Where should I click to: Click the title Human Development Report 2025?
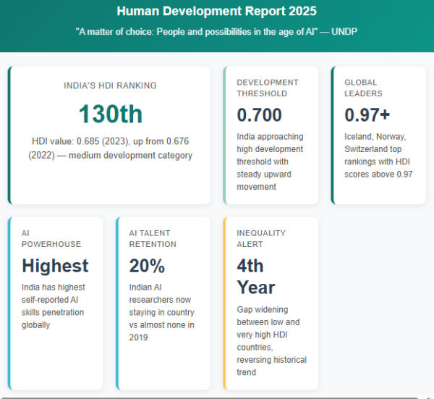(216, 12)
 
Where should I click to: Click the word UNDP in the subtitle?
(344, 33)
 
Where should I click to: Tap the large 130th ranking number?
(110, 114)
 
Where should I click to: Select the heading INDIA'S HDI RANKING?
(110, 85)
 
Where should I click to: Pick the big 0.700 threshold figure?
(259, 114)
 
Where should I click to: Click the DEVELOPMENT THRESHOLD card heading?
(267, 88)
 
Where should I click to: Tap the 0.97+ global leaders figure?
(367, 114)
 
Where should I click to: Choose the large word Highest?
(55, 266)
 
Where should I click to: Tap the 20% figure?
(147, 266)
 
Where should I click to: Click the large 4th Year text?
(255, 276)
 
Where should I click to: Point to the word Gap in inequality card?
(246, 308)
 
